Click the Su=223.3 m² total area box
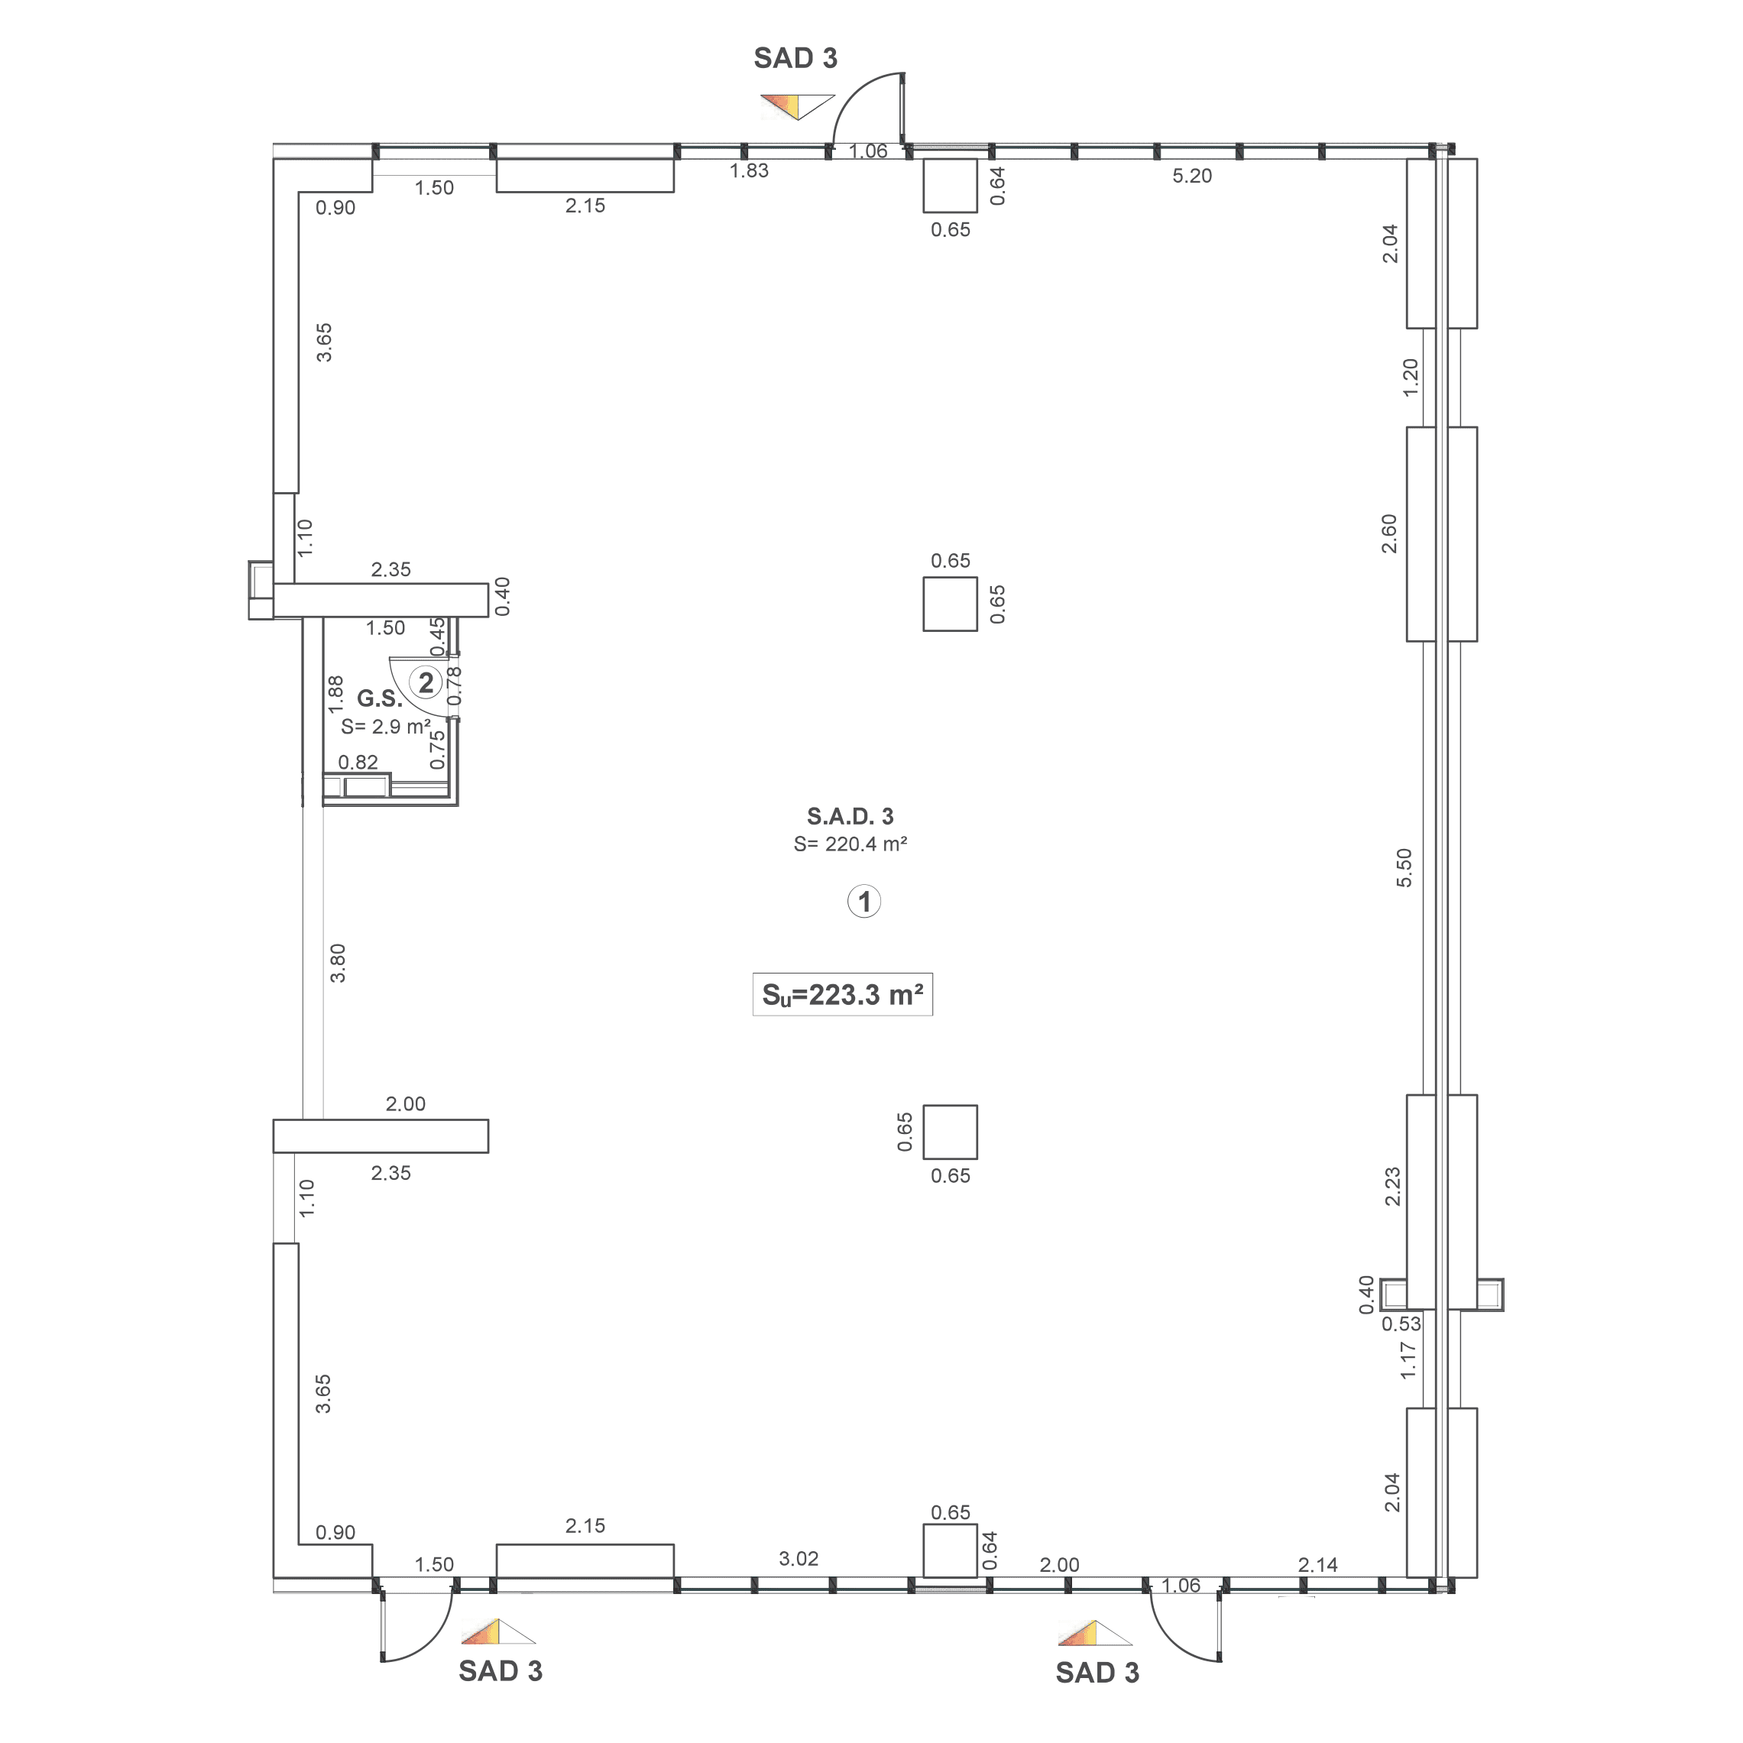842,994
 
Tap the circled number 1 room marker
863,901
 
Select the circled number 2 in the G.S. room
425,683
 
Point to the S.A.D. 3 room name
850,816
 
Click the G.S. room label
379,699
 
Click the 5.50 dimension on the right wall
1404,868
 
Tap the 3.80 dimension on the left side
338,963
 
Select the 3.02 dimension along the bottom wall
799,1558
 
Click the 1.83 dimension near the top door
749,170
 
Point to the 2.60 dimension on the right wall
1389,533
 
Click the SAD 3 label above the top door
795,59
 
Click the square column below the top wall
950,186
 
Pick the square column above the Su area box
950,604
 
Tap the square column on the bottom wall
950,1551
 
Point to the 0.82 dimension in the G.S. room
358,763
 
